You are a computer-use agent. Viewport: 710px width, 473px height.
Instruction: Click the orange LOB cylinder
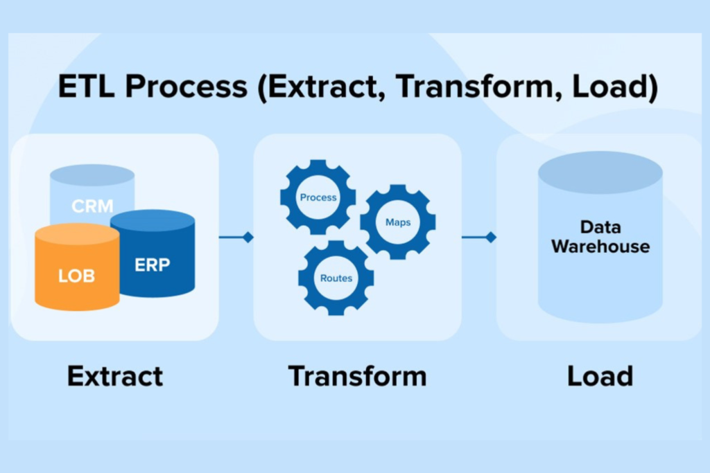pos(76,270)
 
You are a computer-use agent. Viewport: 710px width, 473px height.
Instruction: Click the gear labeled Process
pos(318,197)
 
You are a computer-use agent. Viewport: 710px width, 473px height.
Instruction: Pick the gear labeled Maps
pos(397,222)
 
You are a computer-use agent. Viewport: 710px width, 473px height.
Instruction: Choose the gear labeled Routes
pos(336,278)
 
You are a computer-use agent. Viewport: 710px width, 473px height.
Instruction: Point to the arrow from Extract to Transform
pos(236,238)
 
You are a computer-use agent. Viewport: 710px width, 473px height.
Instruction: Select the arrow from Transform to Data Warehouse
pos(479,238)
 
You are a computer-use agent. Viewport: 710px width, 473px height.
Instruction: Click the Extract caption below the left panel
pos(115,376)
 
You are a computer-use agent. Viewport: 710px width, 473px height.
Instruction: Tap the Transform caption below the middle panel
pos(357,376)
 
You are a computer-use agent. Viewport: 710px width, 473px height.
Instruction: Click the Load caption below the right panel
pos(600,376)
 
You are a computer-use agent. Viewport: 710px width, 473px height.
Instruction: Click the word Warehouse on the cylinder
pos(600,246)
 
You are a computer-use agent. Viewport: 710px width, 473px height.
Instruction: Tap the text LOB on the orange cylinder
pos(76,276)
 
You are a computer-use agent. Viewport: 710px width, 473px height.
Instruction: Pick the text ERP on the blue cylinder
pos(153,265)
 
